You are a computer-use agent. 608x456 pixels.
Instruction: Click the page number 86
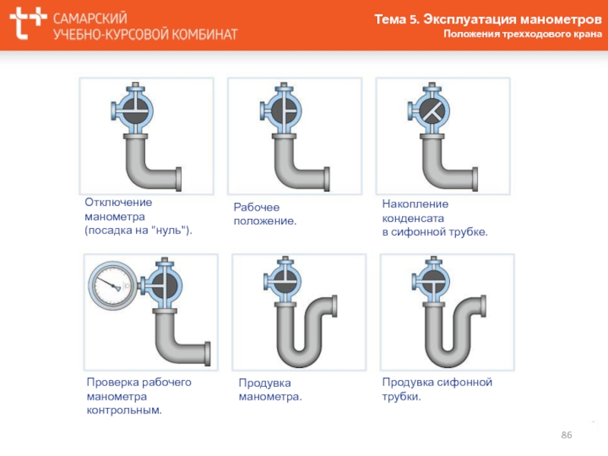pyautogui.click(x=566, y=435)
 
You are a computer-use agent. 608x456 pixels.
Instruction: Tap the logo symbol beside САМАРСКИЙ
pyautogui.click(x=27, y=23)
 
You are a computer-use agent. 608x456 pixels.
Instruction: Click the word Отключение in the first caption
pyautogui.click(x=119, y=202)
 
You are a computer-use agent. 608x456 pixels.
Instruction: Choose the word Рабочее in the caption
pyautogui.click(x=256, y=207)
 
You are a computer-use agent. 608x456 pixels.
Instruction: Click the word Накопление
pyautogui.click(x=415, y=204)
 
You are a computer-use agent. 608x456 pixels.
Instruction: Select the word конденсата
pyautogui.click(x=413, y=219)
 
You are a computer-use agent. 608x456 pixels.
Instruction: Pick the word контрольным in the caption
pyautogui.click(x=124, y=410)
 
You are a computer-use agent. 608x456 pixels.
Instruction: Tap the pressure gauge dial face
pyautogui.click(x=112, y=286)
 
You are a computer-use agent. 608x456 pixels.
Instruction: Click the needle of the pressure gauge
pyautogui.click(x=109, y=283)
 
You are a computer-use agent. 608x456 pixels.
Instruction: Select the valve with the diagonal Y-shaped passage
pyautogui.click(x=429, y=109)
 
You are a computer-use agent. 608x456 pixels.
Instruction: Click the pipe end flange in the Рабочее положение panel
pyautogui.click(x=327, y=179)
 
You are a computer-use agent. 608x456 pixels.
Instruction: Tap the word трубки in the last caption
pyautogui.click(x=401, y=397)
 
